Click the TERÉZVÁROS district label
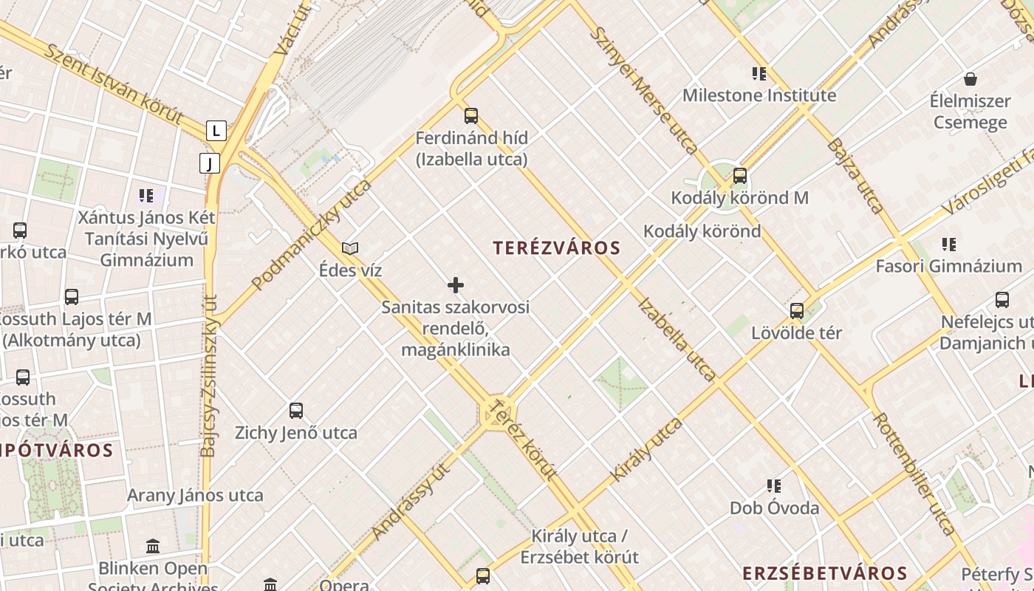[x=557, y=248]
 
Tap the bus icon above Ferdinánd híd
[x=471, y=116]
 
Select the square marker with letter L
[x=216, y=131]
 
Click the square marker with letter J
[x=210, y=163]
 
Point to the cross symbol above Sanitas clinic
[x=456, y=285]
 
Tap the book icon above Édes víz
[x=350, y=249]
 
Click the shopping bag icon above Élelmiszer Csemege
[x=970, y=79]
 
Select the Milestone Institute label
[x=759, y=95]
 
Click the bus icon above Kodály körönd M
[x=739, y=176]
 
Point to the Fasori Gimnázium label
[x=948, y=266]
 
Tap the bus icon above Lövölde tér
[x=796, y=311]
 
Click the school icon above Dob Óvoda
[x=774, y=486]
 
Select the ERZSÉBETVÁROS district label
[x=824, y=573]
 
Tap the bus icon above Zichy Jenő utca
[x=296, y=411]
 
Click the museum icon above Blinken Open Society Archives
[x=153, y=547]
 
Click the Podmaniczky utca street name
[x=311, y=234]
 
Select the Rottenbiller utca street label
[x=914, y=473]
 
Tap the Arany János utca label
[x=195, y=495]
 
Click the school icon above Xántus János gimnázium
[x=146, y=196]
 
